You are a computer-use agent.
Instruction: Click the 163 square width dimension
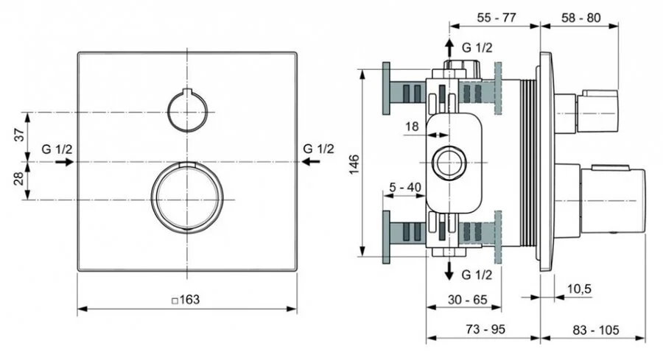pos(186,300)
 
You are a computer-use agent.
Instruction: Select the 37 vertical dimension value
pos(21,136)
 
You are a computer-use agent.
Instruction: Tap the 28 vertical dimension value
pos(21,180)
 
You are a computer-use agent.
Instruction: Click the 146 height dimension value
pos(354,163)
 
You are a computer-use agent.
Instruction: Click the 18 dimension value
pos(412,127)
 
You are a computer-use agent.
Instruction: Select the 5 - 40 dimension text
pos(404,187)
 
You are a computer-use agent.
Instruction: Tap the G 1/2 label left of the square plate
pos(57,149)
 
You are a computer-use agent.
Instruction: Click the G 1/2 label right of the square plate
pos(318,149)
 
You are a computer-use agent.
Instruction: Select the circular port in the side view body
pos(449,163)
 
